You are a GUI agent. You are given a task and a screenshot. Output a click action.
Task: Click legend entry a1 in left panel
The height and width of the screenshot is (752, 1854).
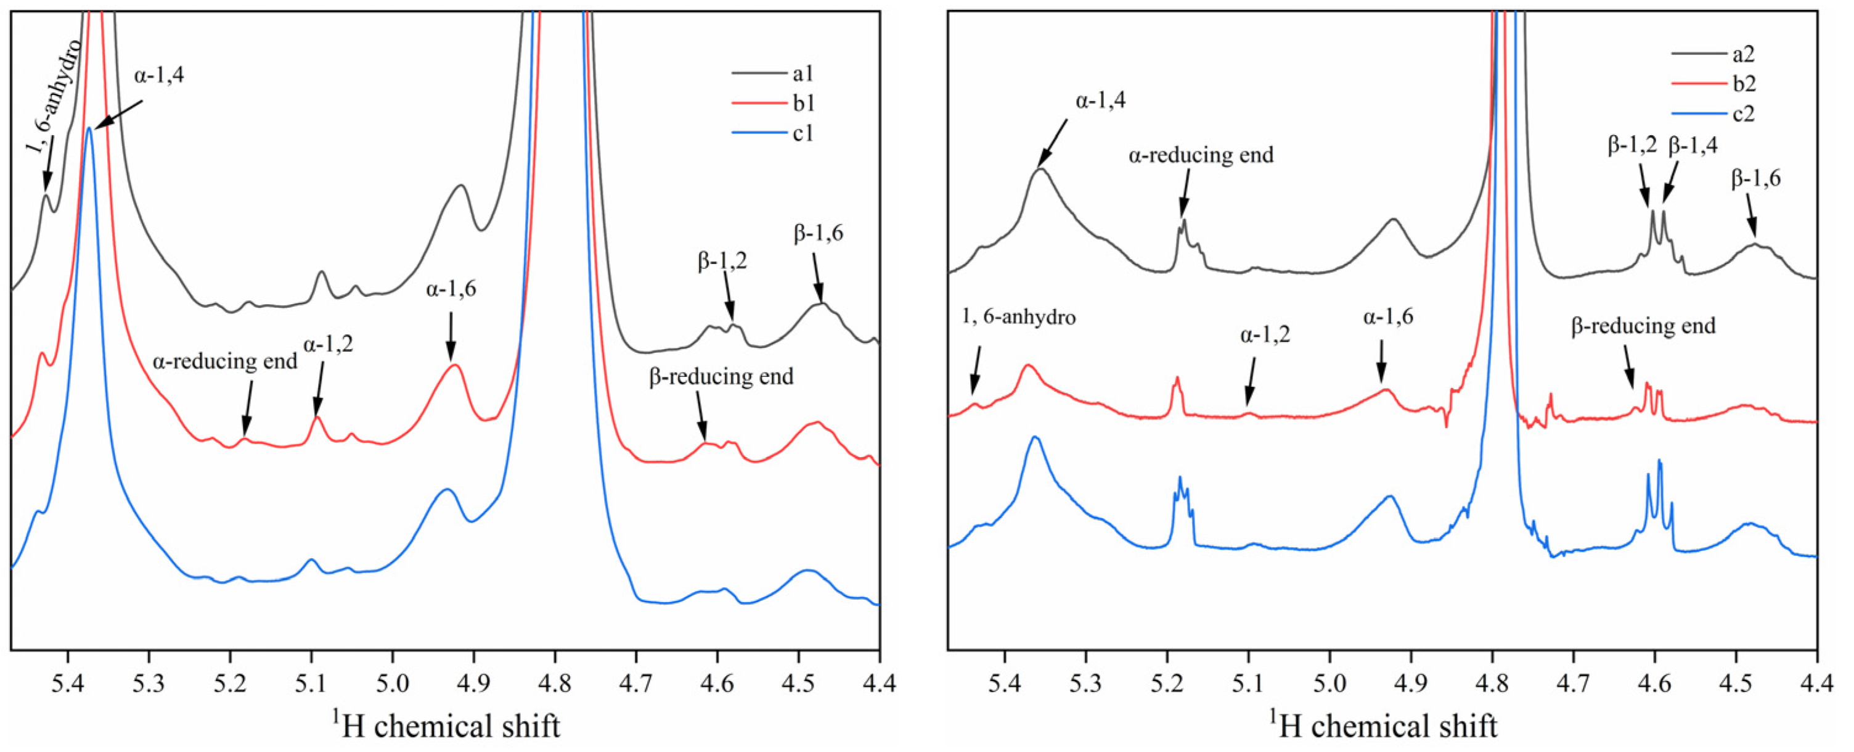pyautogui.click(x=802, y=73)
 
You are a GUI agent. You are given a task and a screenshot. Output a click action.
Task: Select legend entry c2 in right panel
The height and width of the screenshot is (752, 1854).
pyautogui.click(x=1742, y=114)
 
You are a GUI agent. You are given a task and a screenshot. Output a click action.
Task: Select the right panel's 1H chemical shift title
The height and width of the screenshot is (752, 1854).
pyautogui.click(x=1382, y=725)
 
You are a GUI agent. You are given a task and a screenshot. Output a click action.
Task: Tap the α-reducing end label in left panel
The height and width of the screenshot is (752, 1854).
pyautogui.click(x=224, y=361)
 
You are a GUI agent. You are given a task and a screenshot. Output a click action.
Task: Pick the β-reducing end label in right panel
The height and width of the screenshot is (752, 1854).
pyautogui.click(x=1643, y=326)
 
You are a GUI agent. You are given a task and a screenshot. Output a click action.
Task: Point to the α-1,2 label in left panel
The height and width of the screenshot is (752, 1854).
pyautogui.click(x=328, y=345)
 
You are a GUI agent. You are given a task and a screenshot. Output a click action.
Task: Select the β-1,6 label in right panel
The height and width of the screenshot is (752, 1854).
pyautogui.click(x=1756, y=179)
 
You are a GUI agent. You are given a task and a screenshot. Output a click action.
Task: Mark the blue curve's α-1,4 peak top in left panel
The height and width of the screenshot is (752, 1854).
pyautogui.click(x=89, y=129)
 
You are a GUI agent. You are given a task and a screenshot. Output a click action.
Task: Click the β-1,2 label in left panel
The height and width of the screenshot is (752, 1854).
pyautogui.click(x=722, y=262)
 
